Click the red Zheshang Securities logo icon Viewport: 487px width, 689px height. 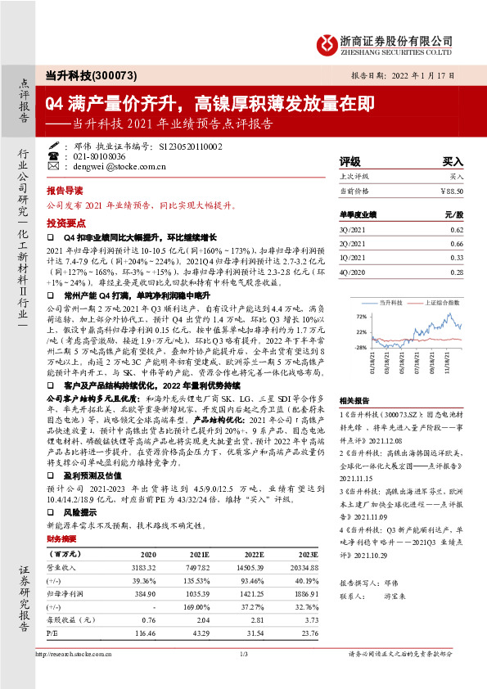[327, 41]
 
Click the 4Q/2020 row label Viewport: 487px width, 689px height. [352, 271]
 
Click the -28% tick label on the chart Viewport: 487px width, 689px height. [361, 348]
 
